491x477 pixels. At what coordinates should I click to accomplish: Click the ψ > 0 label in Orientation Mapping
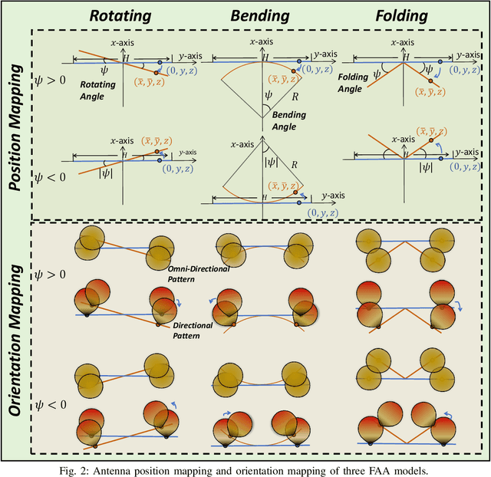tap(51, 274)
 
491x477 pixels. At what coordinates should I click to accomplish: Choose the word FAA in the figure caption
tap(354, 469)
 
